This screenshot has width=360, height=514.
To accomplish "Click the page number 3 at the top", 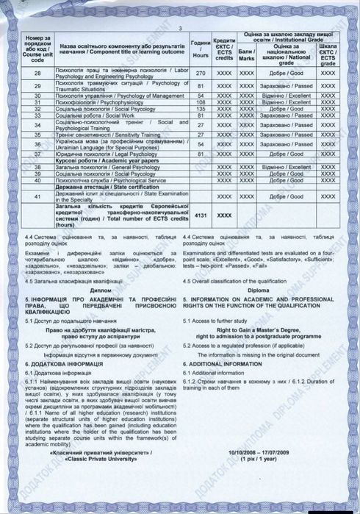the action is click(x=180, y=28).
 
